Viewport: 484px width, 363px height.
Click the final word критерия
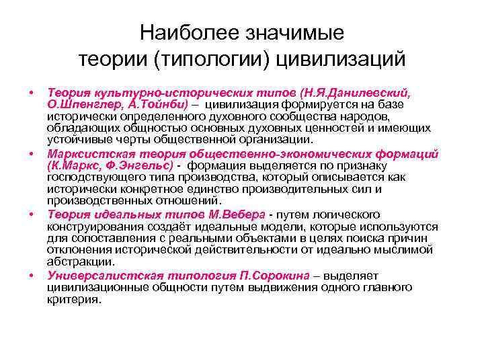click(x=74, y=300)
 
